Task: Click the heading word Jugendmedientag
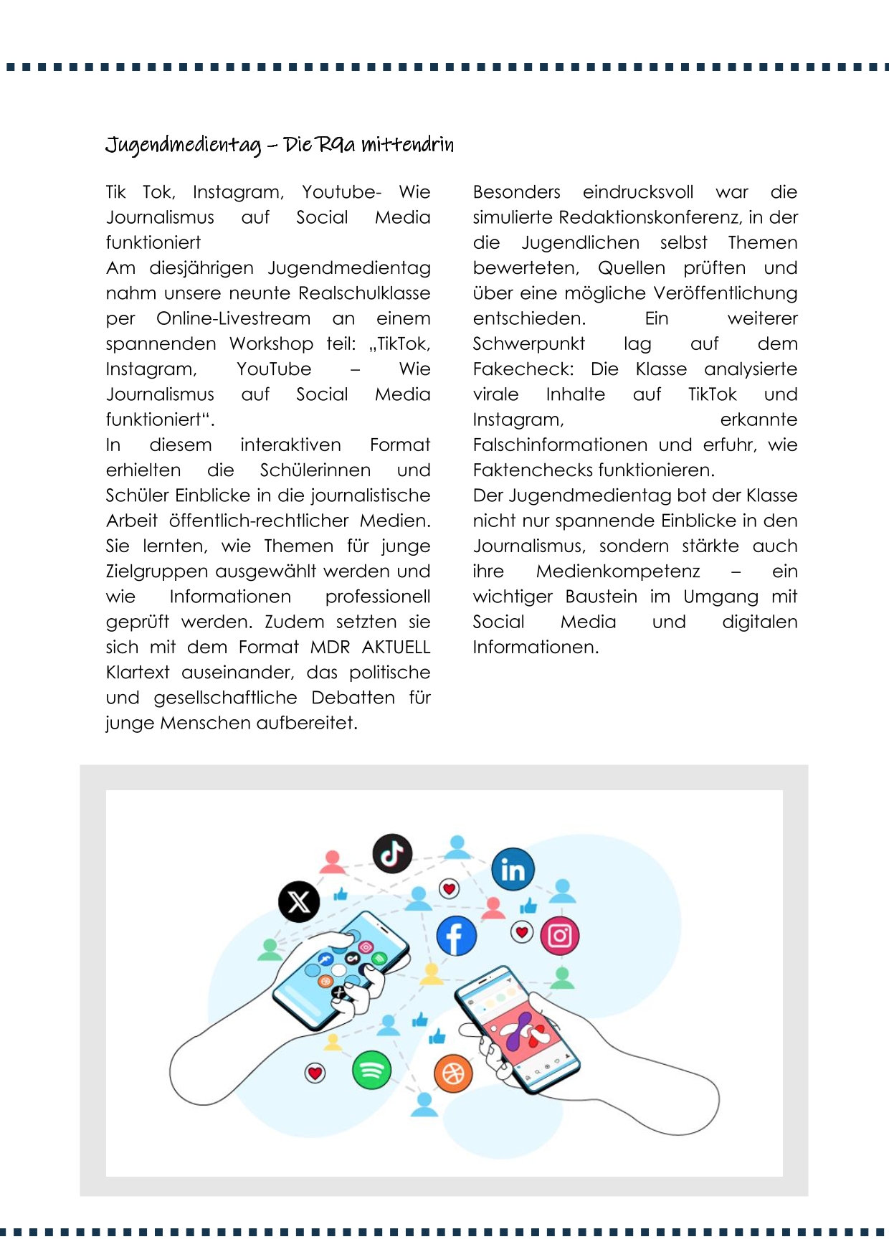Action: click(x=184, y=146)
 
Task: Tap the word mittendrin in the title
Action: click(x=407, y=146)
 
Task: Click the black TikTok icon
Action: click(x=392, y=853)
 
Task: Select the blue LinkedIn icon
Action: click(x=513, y=869)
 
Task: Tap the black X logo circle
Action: click(x=299, y=901)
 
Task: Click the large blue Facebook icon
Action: click(x=456, y=936)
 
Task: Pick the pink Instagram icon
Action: click(x=560, y=936)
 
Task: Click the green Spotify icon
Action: click(x=371, y=1071)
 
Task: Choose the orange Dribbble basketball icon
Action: click(x=453, y=1073)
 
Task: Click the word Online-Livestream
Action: click(x=233, y=318)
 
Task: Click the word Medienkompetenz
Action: click(x=618, y=571)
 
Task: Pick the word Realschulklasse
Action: click(x=364, y=293)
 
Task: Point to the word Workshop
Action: click(x=271, y=344)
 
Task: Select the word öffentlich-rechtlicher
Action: click(x=259, y=521)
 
